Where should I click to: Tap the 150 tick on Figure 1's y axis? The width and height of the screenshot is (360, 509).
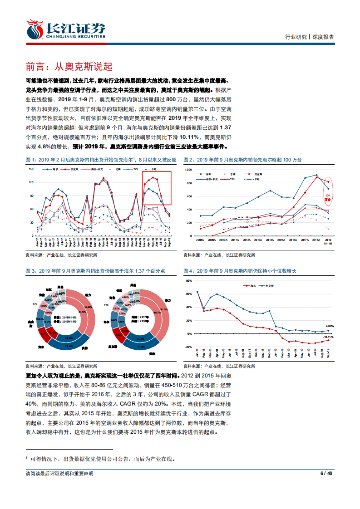point(31,169)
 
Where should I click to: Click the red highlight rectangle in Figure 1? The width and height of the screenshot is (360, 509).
point(157,188)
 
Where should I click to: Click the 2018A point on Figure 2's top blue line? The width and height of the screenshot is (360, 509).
point(316,175)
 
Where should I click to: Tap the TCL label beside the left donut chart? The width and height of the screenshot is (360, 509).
point(35,304)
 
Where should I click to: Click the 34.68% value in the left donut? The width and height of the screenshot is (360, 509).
point(89,307)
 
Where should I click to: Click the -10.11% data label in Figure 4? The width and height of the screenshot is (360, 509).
point(328,337)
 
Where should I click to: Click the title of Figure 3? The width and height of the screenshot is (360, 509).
point(95,271)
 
